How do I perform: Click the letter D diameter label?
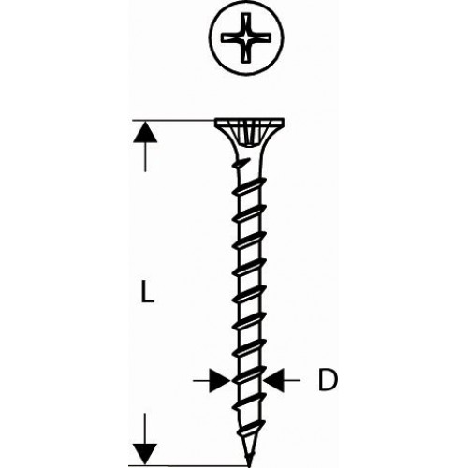[x=328, y=380]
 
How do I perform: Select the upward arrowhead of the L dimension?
[x=145, y=132]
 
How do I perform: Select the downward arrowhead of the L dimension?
[x=145, y=454]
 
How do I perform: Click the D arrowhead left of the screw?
[x=220, y=380]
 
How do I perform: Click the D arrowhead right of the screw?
[x=274, y=380]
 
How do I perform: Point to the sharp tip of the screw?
[x=249, y=466]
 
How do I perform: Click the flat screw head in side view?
[x=249, y=122]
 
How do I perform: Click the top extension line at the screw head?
[x=173, y=120]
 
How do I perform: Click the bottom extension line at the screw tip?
[x=188, y=465]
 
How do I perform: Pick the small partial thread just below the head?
[x=242, y=163]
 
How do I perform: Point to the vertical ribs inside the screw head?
[x=249, y=135]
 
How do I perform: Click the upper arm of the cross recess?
[x=246, y=22]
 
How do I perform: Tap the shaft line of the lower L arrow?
[x=145, y=429]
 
